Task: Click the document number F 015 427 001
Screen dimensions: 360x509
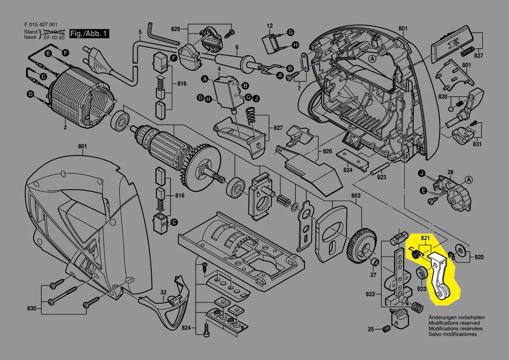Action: [40, 25]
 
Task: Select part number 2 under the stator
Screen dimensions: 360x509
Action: [65, 127]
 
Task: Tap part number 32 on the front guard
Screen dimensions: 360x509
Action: [163, 292]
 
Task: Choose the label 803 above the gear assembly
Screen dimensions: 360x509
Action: [356, 196]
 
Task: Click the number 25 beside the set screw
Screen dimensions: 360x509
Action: [370, 329]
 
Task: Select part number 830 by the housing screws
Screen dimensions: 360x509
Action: [31, 309]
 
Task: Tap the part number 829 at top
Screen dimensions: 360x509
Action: [176, 29]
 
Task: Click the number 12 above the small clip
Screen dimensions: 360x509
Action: [270, 26]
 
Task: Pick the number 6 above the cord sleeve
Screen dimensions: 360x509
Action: [237, 47]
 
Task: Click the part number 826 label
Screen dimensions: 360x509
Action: [327, 152]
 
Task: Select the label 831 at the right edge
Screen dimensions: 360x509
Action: [477, 144]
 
